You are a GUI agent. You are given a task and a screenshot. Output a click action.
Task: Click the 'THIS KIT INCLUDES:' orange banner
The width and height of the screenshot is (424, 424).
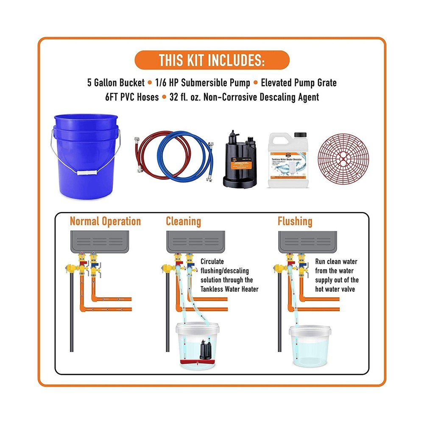point(212,60)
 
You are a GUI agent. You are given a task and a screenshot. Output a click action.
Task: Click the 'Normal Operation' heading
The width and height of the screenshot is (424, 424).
point(105,221)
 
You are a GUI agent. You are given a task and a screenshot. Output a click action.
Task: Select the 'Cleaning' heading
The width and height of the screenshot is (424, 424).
point(183,221)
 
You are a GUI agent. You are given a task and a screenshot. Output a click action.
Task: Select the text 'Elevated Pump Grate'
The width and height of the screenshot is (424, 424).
point(298,83)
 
